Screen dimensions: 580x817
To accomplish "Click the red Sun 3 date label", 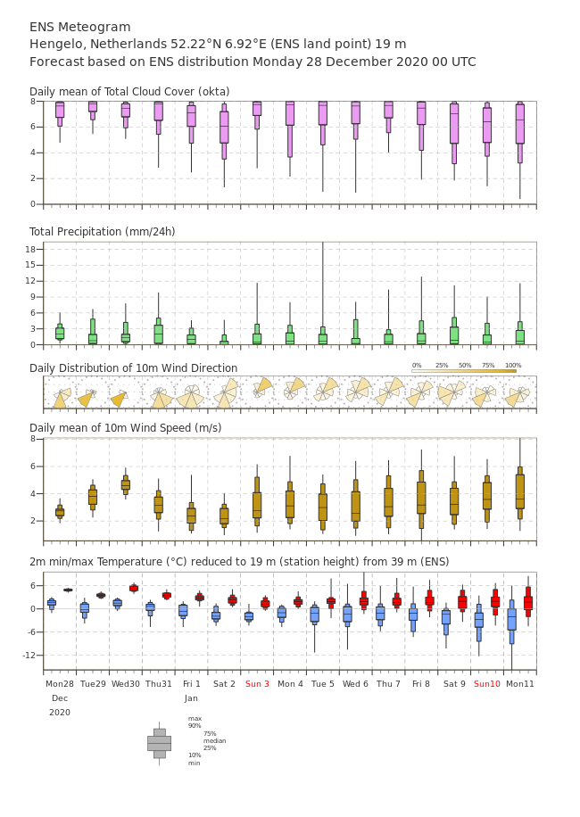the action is [x=257, y=683].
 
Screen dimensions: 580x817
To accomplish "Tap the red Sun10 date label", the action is [x=486, y=683].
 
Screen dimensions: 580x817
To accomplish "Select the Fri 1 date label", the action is [x=191, y=683].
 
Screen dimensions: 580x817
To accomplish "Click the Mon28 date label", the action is [x=60, y=683].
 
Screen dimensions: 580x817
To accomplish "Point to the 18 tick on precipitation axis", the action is [x=30, y=249].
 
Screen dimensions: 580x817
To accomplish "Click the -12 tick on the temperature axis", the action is [x=29, y=655].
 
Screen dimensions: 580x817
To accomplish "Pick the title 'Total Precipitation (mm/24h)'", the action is [x=102, y=231].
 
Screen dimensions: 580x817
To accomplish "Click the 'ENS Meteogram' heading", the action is [x=79, y=27].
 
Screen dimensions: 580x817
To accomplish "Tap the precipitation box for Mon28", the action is [x=60, y=333].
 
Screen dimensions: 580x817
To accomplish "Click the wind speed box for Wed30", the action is [x=126, y=484].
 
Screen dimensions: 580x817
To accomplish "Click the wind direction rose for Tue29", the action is [x=87, y=398].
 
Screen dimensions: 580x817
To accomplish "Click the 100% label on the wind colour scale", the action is [x=513, y=366].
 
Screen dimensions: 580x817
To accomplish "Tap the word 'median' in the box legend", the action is [x=215, y=740].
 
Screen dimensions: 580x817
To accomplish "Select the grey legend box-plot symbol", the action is [x=160, y=744].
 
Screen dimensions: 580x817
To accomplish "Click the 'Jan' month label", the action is [x=191, y=698].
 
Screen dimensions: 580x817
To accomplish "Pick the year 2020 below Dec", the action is [x=60, y=713].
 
